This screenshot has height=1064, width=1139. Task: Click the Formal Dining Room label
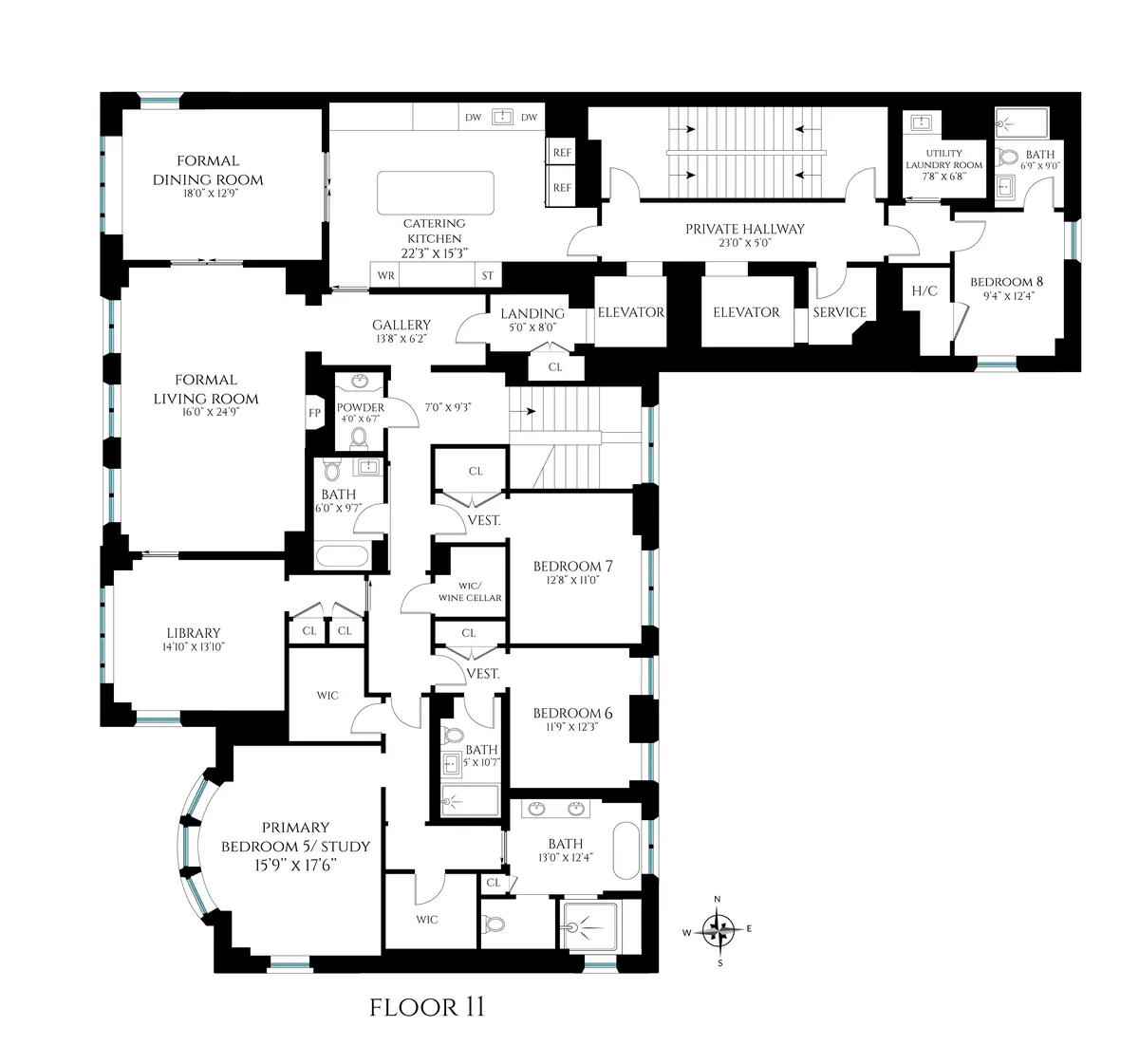[208, 170]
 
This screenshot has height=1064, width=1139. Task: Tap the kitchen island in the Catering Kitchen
[436, 194]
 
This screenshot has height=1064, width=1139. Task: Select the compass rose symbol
[719, 930]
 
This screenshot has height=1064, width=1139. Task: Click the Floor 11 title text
[427, 1007]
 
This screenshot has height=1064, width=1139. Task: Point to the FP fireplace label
[314, 413]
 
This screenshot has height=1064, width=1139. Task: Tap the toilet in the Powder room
[360, 437]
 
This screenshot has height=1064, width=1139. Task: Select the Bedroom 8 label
[1006, 282]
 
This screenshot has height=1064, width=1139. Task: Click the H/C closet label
[924, 290]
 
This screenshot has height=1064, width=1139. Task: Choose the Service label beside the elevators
[839, 312]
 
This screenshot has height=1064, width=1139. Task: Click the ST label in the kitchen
[488, 276]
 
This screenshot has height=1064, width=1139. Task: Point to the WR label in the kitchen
[385, 276]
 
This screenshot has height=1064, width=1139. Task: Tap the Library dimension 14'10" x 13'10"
[194, 647]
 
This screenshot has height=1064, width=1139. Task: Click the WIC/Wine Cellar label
[470, 591]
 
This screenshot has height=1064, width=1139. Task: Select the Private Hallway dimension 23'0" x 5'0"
[745, 243]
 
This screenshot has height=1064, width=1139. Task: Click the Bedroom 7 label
[572, 567]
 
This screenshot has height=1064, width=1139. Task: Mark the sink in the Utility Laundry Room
[920, 123]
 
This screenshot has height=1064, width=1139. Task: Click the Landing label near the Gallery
[532, 313]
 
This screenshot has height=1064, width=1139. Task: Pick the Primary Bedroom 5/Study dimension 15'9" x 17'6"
[295, 866]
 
